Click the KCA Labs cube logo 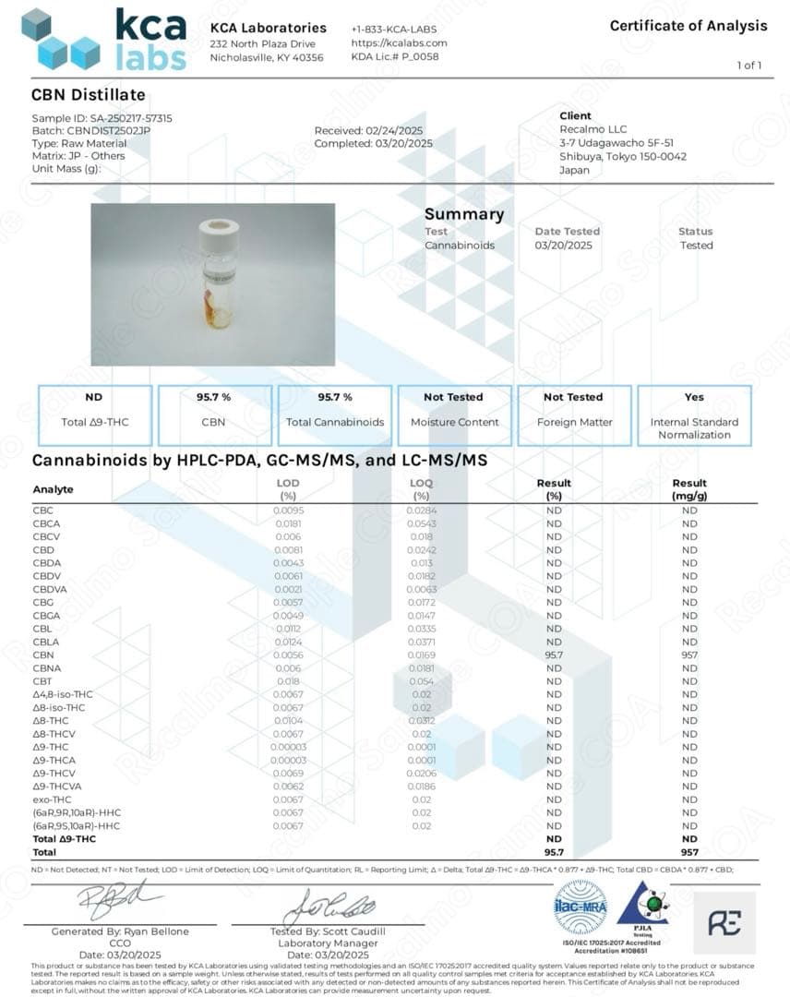click(x=61, y=39)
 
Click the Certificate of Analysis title click(x=688, y=26)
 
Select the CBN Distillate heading click(x=88, y=94)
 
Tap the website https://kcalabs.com click(x=399, y=42)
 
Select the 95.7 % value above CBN click(x=213, y=397)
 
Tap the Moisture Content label click(x=454, y=422)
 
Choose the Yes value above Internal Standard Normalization click(x=694, y=397)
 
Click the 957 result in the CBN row click(x=689, y=655)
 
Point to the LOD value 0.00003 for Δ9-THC click(x=288, y=747)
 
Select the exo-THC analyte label click(x=52, y=799)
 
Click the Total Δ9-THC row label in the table click(x=64, y=839)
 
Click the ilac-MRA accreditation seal click(x=581, y=907)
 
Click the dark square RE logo click(x=724, y=922)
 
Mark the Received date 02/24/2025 click(x=369, y=131)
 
